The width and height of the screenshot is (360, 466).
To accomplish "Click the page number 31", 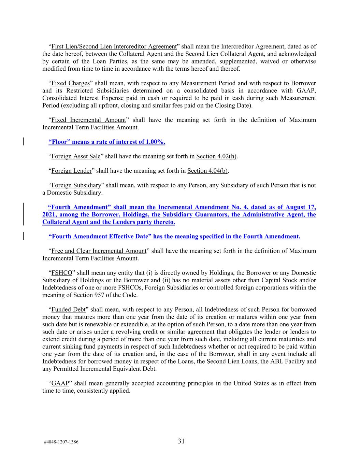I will (x=181, y=441).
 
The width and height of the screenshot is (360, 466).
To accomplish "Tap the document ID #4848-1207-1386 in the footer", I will (x=61, y=442).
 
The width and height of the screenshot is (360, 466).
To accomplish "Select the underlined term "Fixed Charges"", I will (x=70, y=83).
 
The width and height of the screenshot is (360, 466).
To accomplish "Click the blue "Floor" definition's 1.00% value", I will (x=155, y=142).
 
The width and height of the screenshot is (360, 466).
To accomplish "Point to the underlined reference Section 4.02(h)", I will (x=216, y=156).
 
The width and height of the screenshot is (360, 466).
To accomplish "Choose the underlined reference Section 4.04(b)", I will (x=208, y=171).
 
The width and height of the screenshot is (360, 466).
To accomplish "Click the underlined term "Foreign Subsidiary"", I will (x=76, y=185).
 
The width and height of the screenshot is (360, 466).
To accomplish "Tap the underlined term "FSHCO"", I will (x=62, y=273).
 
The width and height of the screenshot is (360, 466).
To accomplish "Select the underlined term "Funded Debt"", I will (x=68, y=310).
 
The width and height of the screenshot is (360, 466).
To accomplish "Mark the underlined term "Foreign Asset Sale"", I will (x=76, y=156).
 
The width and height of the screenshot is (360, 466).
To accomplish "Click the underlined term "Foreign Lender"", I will (x=71, y=171).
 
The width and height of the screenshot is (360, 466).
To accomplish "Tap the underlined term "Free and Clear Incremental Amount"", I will (x=99, y=251).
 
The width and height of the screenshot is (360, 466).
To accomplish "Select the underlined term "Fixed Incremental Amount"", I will (x=88, y=120).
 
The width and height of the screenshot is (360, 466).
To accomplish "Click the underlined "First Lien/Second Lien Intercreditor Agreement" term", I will (x=114, y=46).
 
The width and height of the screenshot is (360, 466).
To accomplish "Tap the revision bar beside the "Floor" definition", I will (x=24, y=142).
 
